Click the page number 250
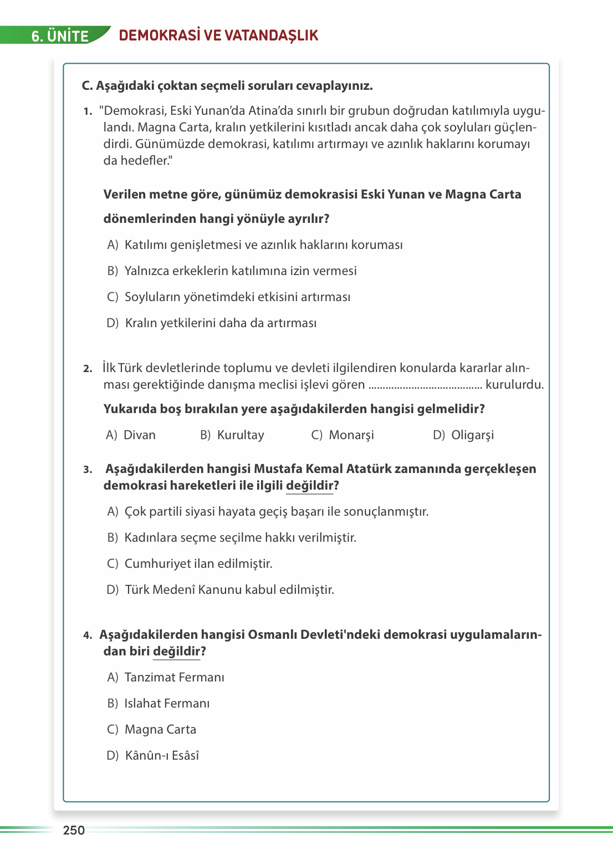point(74,830)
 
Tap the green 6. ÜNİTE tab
point(60,36)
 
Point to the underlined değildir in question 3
point(310,486)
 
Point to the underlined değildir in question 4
point(176,652)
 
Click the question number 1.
point(88,111)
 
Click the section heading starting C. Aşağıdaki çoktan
point(227,86)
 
